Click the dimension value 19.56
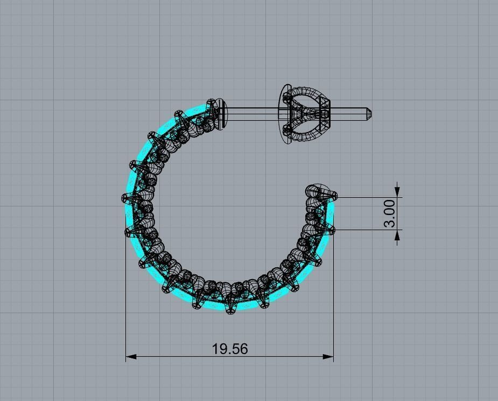pos(230,349)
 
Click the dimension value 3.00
pos(390,213)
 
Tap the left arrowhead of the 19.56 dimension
pos(131,356)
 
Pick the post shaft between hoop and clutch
pos(253,114)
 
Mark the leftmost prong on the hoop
pos(125,198)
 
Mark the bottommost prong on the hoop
pos(231,310)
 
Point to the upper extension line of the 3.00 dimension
pos(366,197)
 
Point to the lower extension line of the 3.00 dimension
pos(366,230)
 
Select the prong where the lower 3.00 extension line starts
pos(330,230)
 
